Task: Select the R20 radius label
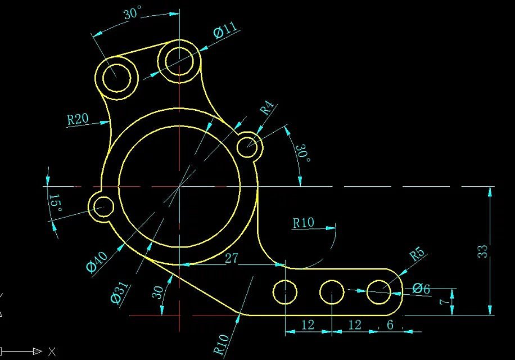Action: [x=78, y=119]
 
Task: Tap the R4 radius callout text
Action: [x=267, y=108]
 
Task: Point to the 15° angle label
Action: [x=55, y=203]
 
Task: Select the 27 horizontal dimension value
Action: [x=232, y=258]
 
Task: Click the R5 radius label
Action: [x=417, y=254]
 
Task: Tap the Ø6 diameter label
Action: [x=421, y=289]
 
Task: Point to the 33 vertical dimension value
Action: [x=483, y=251]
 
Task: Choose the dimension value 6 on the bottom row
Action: [x=390, y=325]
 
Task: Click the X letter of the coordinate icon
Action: [x=52, y=352]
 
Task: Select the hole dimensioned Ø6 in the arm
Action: [x=379, y=291]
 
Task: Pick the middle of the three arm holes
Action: [x=332, y=291]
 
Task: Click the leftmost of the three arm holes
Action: [x=285, y=291]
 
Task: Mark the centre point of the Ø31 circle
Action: [x=179, y=186]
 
